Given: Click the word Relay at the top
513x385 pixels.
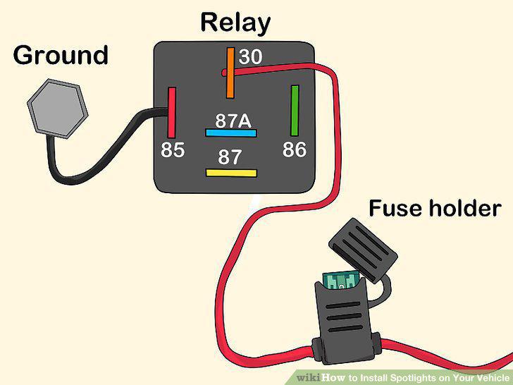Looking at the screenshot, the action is tap(235, 23).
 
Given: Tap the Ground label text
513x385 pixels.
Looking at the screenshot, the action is tap(61, 55).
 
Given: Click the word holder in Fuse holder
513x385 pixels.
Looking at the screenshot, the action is tap(465, 208).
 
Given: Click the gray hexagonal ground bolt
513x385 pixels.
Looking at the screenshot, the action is tap(58, 109).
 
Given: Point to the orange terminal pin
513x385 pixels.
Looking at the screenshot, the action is tap(230, 73).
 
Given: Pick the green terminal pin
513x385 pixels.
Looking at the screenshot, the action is tap(295, 111).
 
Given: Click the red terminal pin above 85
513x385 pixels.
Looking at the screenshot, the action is tap(172, 113).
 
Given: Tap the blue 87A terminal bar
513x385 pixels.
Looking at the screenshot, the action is tap(231, 133).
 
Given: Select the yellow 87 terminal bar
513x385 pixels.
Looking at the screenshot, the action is tap(231, 173).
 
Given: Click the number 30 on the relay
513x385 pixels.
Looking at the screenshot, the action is tap(250, 56).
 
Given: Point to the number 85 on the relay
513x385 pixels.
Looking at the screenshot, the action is tap(173, 150).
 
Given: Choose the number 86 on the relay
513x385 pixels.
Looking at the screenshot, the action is tap(295, 149).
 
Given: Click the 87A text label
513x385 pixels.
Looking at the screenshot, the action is tap(233, 121).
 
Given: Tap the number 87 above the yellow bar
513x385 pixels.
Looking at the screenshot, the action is tap(230, 157).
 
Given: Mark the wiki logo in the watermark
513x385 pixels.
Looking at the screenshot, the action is tap(309, 378).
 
